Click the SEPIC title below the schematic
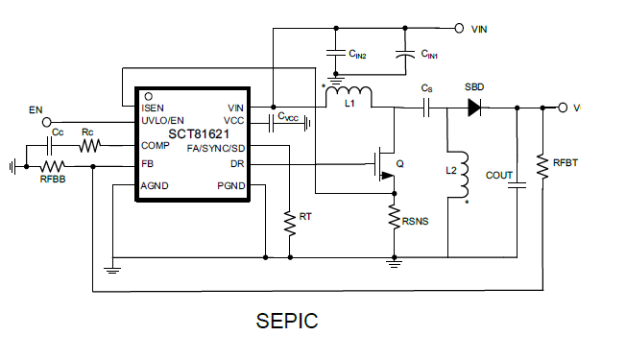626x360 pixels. click(287, 321)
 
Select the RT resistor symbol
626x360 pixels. click(289, 223)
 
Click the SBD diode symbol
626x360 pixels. click(473, 108)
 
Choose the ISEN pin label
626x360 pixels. click(154, 108)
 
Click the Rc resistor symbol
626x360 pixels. click(88, 146)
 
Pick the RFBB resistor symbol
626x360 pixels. click(52, 165)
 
